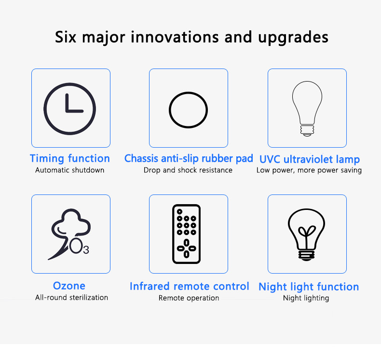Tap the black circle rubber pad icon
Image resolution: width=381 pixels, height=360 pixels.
tap(188, 93)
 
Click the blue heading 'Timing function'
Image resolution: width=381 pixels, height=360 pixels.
tap(70, 158)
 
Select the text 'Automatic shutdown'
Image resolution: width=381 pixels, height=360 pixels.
tap(70, 170)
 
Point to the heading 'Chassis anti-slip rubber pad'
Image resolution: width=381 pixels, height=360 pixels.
tap(189, 158)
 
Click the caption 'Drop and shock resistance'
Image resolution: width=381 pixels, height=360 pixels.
tap(188, 170)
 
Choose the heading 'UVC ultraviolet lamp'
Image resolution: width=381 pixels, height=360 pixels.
tap(310, 159)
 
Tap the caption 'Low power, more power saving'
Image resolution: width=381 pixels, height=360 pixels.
tap(309, 170)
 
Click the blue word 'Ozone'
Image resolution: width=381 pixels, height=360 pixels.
tap(69, 286)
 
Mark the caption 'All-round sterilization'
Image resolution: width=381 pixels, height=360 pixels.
tap(72, 298)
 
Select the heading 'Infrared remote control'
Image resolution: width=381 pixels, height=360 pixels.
tap(190, 286)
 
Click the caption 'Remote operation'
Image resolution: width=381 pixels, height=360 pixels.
tap(189, 298)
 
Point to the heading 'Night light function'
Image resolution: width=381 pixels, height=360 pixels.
tap(309, 287)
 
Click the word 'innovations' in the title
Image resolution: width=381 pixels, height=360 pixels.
tap(175, 37)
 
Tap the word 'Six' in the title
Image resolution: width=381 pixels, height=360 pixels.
tap(66, 37)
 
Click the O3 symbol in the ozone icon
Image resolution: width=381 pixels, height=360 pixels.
tap(79, 246)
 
